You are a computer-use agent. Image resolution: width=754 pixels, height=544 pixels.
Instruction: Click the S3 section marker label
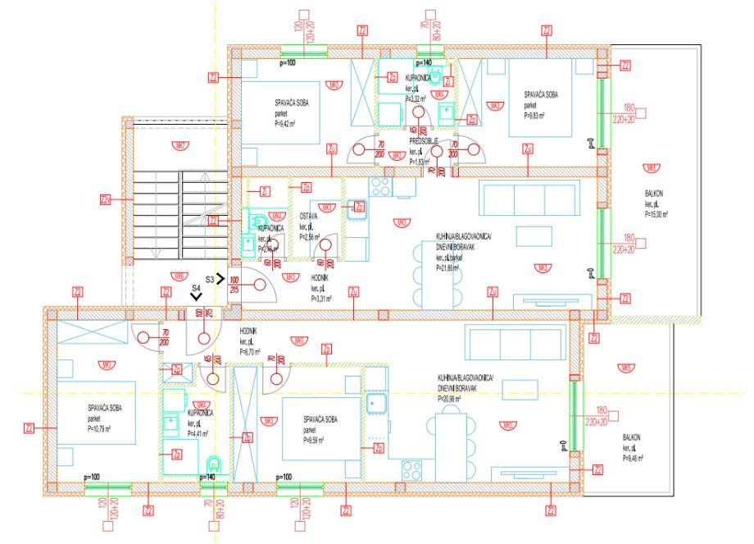coord(210,280)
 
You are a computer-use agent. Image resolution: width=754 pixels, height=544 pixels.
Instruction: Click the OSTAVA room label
coord(308,217)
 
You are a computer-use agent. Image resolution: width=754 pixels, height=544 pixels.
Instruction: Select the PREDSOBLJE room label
coord(424,141)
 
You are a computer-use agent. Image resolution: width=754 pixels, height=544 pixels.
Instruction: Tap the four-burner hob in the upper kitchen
coord(380,187)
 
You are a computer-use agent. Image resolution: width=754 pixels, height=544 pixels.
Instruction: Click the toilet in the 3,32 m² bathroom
coord(438,76)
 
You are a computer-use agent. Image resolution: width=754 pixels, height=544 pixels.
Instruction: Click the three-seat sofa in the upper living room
coord(511,199)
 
